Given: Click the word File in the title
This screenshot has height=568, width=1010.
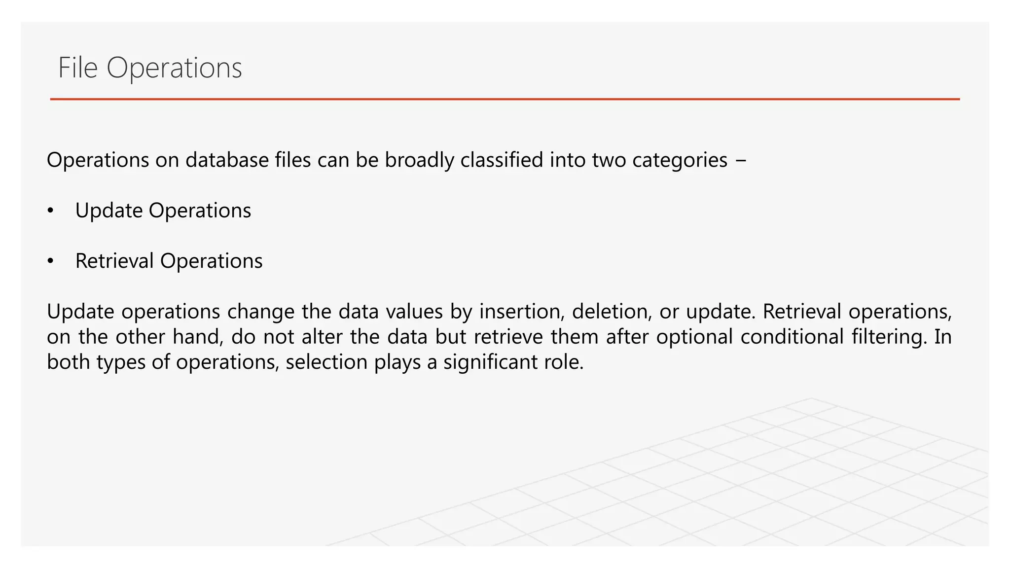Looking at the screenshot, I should (x=78, y=68).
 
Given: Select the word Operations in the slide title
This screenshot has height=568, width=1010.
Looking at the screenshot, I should (x=174, y=69).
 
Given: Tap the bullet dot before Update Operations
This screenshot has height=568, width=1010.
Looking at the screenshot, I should (x=50, y=211).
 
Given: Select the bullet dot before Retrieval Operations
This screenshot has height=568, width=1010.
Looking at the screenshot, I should (x=50, y=261).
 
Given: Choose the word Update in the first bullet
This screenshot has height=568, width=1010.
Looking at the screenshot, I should (x=108, y=211).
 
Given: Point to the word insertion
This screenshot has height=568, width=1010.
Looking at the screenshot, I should (x=522, y=312).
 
